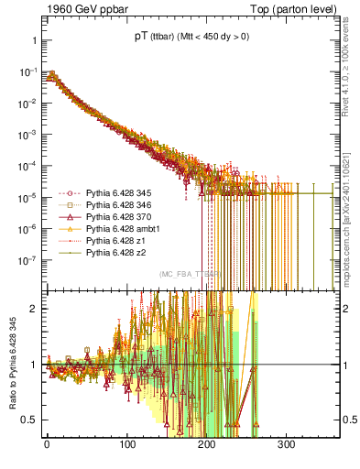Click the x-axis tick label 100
126,444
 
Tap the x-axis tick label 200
207,444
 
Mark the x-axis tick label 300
287,444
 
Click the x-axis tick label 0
47,444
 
